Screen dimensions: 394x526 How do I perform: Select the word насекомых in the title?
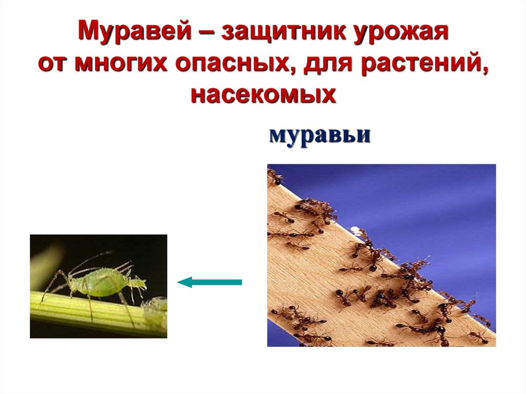263,95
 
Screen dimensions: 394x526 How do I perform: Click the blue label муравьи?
319,136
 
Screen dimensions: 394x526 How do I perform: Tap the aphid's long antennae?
92,259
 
